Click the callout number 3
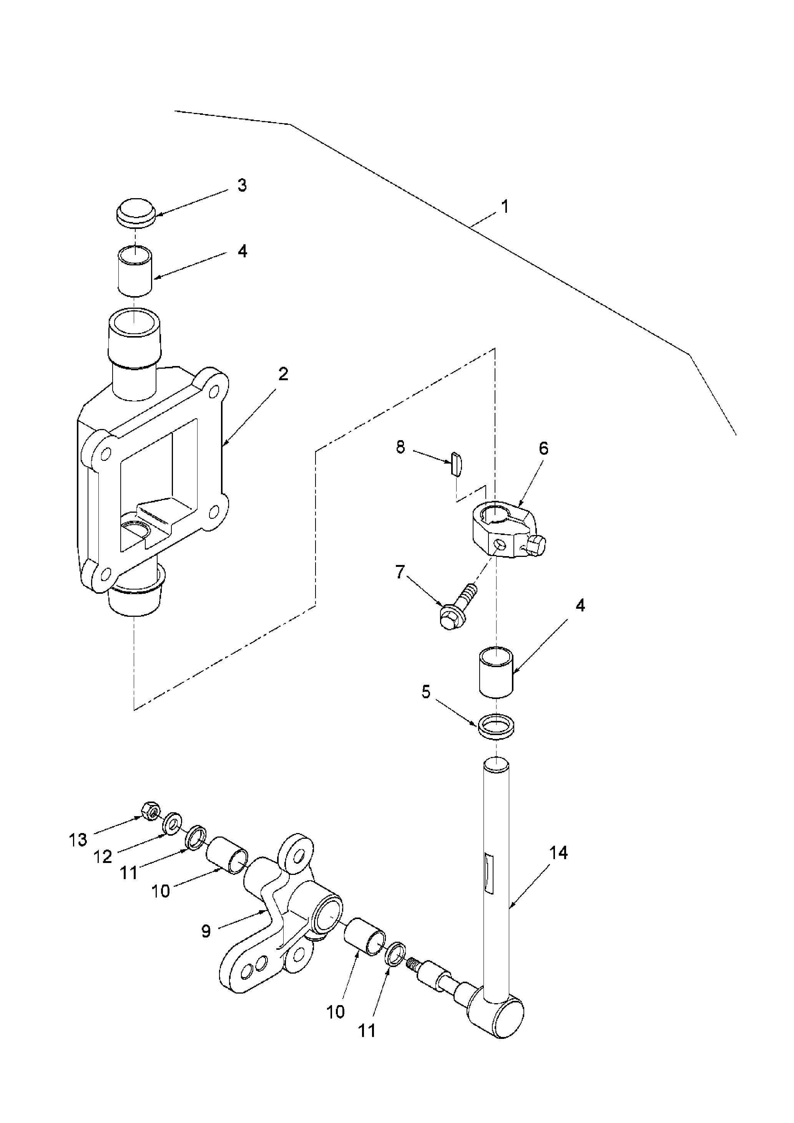coord(242,186)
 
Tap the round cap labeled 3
coord(136,212)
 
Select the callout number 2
coord(283,375)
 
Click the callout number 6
coord(544,449)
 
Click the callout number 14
coord(558,853)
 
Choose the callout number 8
coord(400,447)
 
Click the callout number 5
coord(426,692)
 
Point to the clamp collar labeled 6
coord(507,532)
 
